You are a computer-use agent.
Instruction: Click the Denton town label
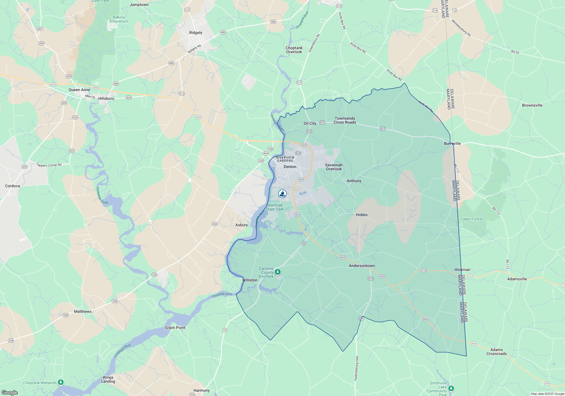(x=290, y=167)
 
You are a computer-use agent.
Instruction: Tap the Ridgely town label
(x=196, y=33)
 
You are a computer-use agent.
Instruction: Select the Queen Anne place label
(x=79, y=90)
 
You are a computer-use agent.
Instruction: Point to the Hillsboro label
(x=106, y=99)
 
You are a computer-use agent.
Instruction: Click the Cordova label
(x=12, y=186)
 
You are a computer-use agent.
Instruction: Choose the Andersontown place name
(x=362, y=266)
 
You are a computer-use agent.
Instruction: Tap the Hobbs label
(x=362, y=215)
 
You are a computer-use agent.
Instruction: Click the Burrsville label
(x=452, y=144)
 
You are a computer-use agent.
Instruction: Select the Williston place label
(x=250, y=280)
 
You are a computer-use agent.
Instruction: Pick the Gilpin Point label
(x=175, y=328)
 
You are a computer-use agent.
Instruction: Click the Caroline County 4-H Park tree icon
(x=278, y=272)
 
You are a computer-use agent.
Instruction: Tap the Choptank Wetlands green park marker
(x=61, y=382)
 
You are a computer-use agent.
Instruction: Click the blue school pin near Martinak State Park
(x=282, y=194)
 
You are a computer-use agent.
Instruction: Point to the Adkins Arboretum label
(x=119, y=20)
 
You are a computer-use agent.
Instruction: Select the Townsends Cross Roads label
(x=345, y=120)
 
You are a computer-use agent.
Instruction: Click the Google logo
(x=10, y=393)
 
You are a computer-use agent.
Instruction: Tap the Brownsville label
(x=532, y=106)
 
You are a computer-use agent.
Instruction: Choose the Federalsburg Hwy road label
(x=357, y=368)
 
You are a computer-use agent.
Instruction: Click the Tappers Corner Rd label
(x=49, y=165)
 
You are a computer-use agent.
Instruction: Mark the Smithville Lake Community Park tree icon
(x=451, y=388)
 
